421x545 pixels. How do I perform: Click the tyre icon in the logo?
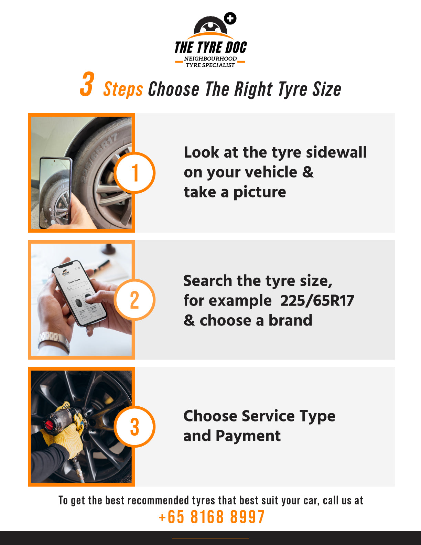click(210, 25)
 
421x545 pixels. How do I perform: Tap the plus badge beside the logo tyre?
click(230, 19)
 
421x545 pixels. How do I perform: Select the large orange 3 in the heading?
click(87, 84)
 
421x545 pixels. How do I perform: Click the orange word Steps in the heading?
click(123, 89)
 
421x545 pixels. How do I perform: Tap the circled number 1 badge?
click(134, 173)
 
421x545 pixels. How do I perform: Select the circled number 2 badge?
click(134, 300)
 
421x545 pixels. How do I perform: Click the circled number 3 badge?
click(134, 427)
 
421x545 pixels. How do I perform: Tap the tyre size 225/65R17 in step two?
click(317, 300)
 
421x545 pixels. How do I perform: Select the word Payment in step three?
click(248, 436)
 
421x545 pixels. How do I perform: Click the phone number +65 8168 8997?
click(212, 517)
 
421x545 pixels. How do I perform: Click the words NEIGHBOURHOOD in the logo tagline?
click(210, 58)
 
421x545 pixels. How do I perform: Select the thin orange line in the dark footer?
click(210, 538)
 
